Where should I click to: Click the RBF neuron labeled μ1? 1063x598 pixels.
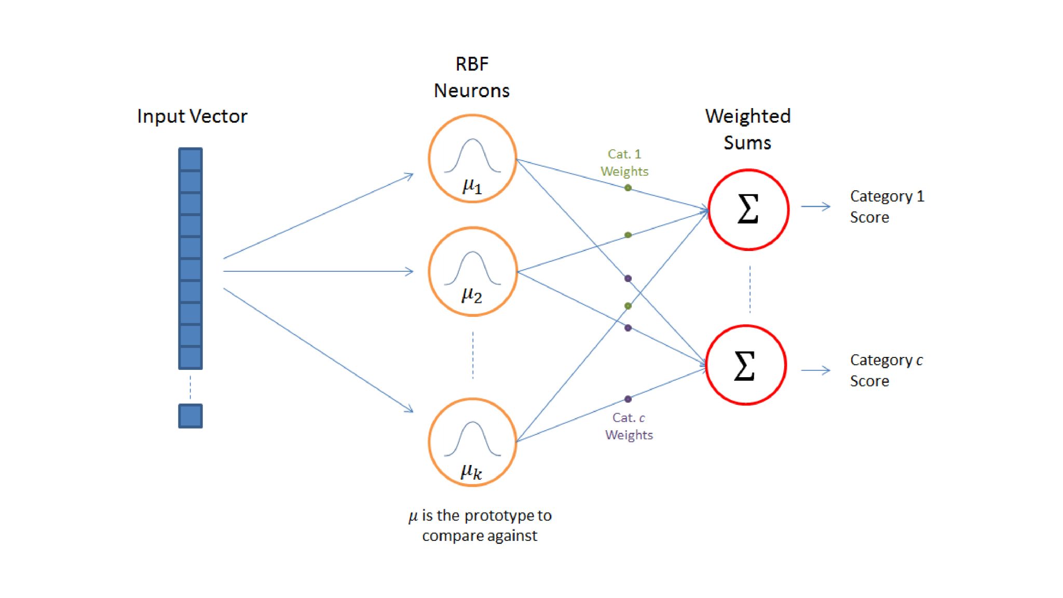pyautogui.click(x=472, y=158)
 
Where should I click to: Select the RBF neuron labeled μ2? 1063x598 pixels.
pyautogui.click(x=472, y=271)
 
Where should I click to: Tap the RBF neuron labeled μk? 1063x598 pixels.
pyautogui.click(x=472, y=442)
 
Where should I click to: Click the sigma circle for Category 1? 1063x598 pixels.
pyautogui.click(x=748, y=209)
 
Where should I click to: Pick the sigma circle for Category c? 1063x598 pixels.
pyautogui.click(x=745, y=365)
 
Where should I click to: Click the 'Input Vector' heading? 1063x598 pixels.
pyautogui.click(x=192, y=116)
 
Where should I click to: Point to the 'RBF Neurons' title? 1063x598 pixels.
pyautogui.click(x=471, y=77)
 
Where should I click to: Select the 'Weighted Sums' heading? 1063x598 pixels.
pyautogui.click(x=747, y=129)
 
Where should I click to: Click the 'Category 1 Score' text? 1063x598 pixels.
pyautogui.click(x=886, y=206)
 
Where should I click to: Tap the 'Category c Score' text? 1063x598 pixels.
pyautogui.click(x=885, y=370)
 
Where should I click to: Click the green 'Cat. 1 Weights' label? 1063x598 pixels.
pyautogui.click(x=624, y=163)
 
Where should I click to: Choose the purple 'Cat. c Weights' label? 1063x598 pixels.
pyautogui.click(x=629, y=426)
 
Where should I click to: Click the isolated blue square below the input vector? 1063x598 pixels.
pyautogui.click(x=190, y=416)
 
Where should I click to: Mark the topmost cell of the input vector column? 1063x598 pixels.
pyautogui.click(x=190, y=159)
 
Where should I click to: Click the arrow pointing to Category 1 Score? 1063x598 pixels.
pyautogui.click(x=815, y=206)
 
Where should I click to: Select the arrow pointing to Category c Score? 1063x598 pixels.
pyautogui.click(x=815, y=370)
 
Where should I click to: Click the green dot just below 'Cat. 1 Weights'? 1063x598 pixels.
pyautogui.click(x=628, y=188)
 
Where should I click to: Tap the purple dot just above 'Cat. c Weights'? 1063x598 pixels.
pyautogui.click(x=628, y=399)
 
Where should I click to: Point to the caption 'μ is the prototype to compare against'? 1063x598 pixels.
pyautogui.click(x=480, y=525)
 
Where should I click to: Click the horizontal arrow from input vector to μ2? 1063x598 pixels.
pyautogui.click(x=318, y=271)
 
